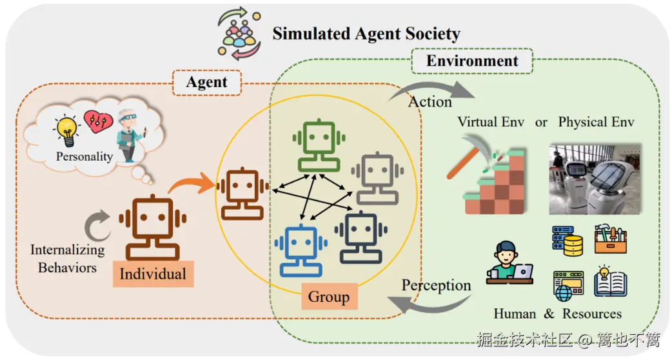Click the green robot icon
coord(319,145)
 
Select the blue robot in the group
coord(301,251)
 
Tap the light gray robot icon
coord(377,178)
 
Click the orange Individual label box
coord(153,274)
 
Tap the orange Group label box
coord(329,296)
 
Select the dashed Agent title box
coord(207,83)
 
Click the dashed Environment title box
coord(472,61)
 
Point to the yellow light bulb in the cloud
coord(66,130)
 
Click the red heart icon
coord(98,121)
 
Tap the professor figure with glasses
coord(130,135)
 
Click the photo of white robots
coord(595,179)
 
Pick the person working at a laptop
coord(509,263)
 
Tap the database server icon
coord(567,241)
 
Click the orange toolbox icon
coord(610,239)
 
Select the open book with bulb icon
coord(610,281)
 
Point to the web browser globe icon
coord(568,286)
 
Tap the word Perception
coord(436,286)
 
